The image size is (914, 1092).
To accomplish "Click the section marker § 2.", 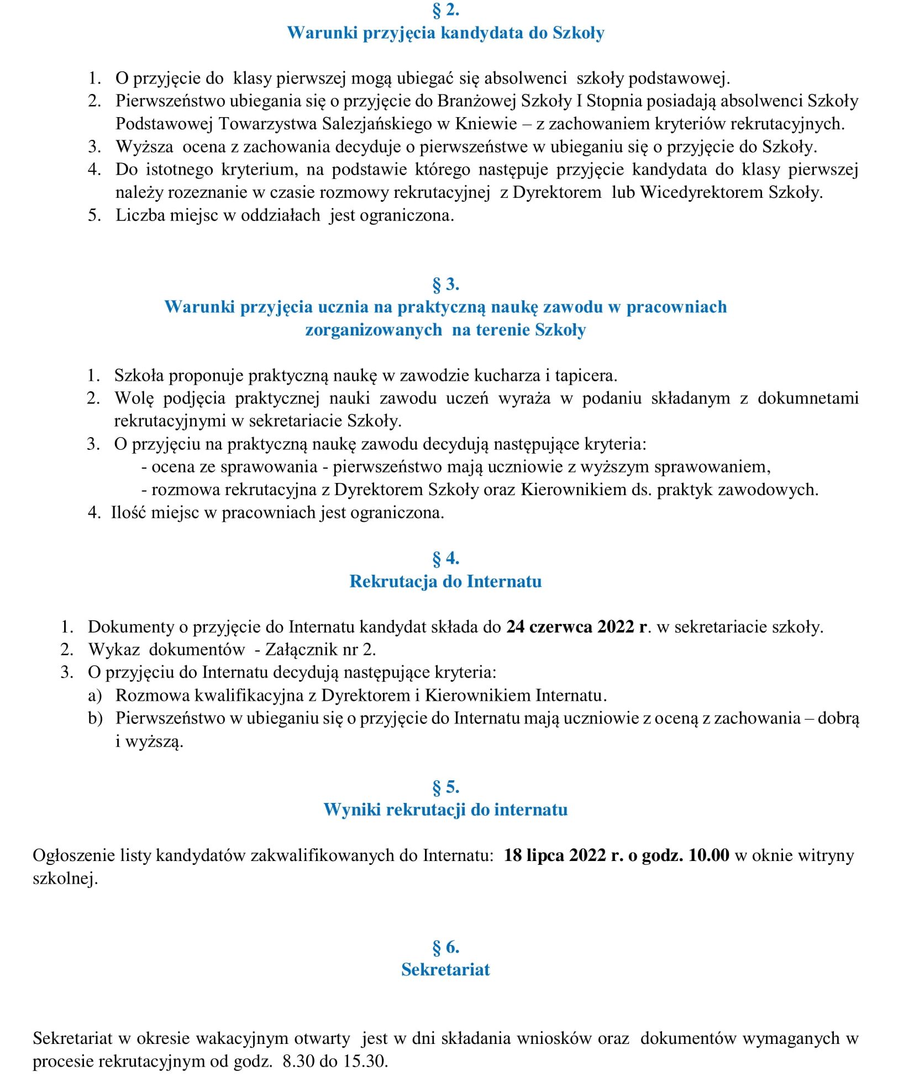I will (445, 10).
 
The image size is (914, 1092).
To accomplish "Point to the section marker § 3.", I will (445, 284).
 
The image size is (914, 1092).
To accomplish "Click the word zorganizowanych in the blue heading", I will (374, 330).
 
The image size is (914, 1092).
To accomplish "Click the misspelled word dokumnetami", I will (808, 398).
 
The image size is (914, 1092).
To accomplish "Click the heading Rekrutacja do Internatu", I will (445, 581).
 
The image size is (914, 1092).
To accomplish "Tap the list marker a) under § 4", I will (95, 695).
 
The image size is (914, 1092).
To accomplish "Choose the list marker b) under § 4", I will (95, 718).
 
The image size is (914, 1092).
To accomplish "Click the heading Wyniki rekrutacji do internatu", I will (445, 810).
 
